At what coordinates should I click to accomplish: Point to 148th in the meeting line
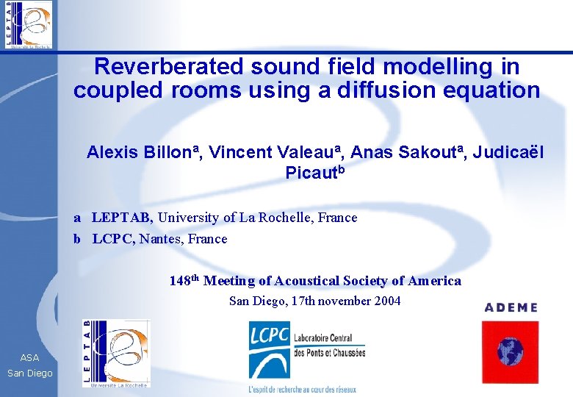(184, 281)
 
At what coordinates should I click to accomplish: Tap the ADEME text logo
(511, 307)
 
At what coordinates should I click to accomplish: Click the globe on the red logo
(511, 351)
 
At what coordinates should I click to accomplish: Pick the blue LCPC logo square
(269, 348)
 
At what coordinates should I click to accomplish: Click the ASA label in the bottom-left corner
(30, 357)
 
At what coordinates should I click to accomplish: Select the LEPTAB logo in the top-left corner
(29, 25)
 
